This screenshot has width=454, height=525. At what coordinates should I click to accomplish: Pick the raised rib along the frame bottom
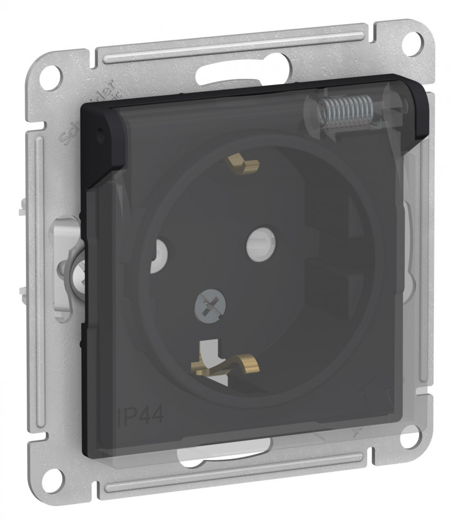[231, 480]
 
